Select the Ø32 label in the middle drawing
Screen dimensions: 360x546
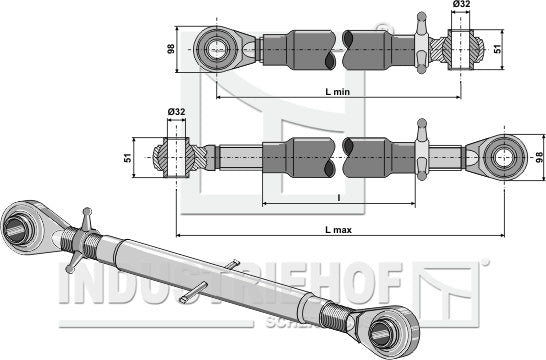(x=176, y=111)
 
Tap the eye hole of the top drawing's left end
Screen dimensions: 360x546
(x=216, y=47)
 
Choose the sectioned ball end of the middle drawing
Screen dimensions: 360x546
(x=176, y=156)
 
